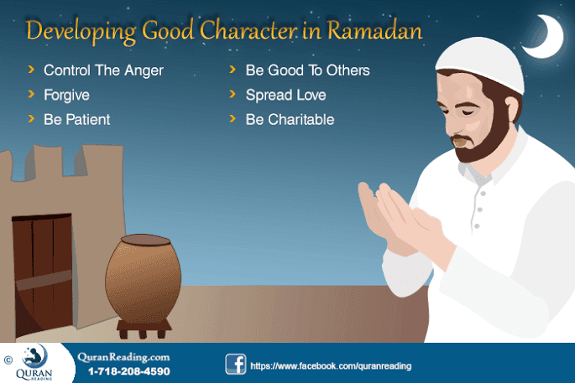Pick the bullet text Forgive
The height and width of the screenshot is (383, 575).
pos(66,95)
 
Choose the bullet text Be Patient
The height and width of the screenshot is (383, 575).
pos(76,119)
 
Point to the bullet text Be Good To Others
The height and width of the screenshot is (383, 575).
pos(307,70)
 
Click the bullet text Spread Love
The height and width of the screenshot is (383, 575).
pos(285,95)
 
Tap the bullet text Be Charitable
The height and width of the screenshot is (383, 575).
pos(290,119)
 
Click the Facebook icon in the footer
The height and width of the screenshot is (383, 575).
pos(235,365)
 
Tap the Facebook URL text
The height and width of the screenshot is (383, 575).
pos(331,366)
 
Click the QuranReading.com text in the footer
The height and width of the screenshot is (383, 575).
pos(123,356)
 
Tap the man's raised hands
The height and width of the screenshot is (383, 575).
pos(395,218)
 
